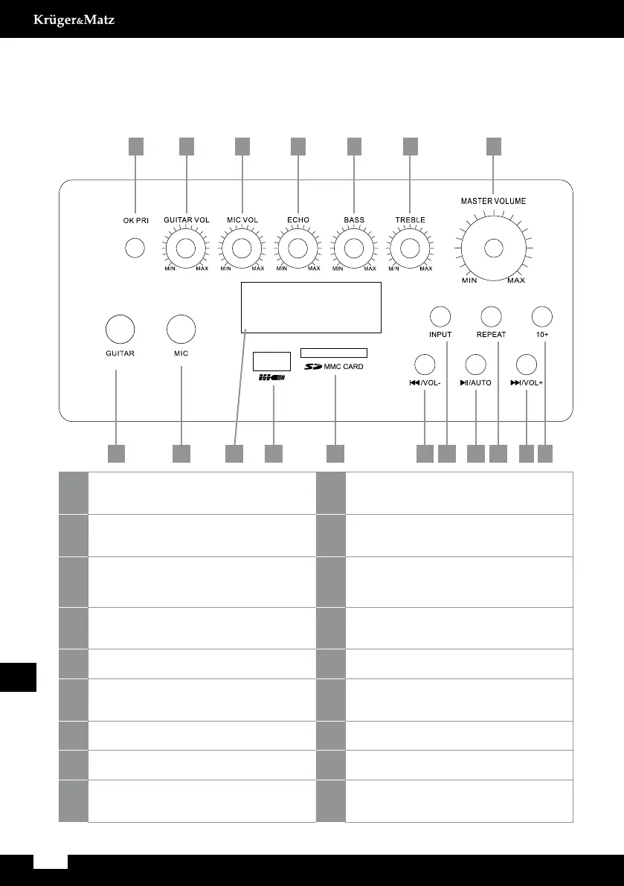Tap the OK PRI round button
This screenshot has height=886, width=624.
click(135, 248)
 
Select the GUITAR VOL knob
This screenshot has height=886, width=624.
click(186, 248)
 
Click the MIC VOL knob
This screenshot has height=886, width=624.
click(242, 248)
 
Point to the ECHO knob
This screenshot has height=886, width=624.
click(297, 248)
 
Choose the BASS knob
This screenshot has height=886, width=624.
click(353, 248)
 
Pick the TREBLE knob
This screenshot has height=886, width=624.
click(410, 248)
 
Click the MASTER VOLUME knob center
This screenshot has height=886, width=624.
click(492, 248)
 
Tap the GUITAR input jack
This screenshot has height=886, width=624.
click(119, 329)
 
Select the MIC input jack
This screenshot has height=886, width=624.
click(181, 329)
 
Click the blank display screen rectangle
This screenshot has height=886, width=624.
click(311, 307)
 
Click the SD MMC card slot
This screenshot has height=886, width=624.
click(334, 353)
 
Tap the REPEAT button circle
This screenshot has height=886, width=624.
click(490, 316)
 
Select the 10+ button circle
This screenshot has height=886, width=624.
click(542, 316)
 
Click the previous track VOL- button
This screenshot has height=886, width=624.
click(424, 365)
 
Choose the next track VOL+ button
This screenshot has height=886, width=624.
click(526, 365)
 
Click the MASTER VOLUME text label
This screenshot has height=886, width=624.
click(493, 201)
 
